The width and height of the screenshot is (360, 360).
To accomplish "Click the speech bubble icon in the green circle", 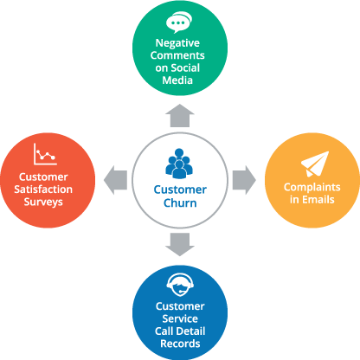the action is coord(179,22).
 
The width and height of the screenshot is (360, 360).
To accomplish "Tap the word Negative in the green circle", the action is coord(177,43).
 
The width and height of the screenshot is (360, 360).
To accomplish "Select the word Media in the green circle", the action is coord(177,80).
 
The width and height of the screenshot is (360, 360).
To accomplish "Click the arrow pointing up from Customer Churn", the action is coord(180,116).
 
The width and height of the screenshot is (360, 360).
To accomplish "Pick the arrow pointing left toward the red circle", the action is coord(115,180).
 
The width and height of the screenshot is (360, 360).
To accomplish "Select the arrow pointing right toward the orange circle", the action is coord(244,180).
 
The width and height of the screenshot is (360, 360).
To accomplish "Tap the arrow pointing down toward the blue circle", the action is coord(180,244).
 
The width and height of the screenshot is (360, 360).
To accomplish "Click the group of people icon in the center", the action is coord(179,164).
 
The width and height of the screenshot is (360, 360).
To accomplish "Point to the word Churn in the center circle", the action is coord(180,203).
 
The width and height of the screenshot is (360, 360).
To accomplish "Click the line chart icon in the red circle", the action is coord(45,154).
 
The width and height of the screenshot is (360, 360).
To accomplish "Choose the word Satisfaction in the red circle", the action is coord(43,190).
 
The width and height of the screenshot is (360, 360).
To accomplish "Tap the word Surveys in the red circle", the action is coord(43,202).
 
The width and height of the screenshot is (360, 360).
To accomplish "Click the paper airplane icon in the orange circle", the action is coord(315,164).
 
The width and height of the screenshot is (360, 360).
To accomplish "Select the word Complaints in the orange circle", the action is coord(312,187).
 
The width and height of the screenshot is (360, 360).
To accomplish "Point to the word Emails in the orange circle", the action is coord(318,200).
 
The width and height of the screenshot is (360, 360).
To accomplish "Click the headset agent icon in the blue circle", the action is coord(180,285).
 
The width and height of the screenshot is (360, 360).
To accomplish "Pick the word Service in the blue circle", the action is coord(180,318).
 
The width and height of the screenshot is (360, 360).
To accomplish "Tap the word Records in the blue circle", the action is coord(180,344).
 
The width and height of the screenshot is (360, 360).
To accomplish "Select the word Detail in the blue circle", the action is coord(190,331).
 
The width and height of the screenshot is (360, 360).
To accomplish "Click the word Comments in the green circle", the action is coord(177,55).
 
